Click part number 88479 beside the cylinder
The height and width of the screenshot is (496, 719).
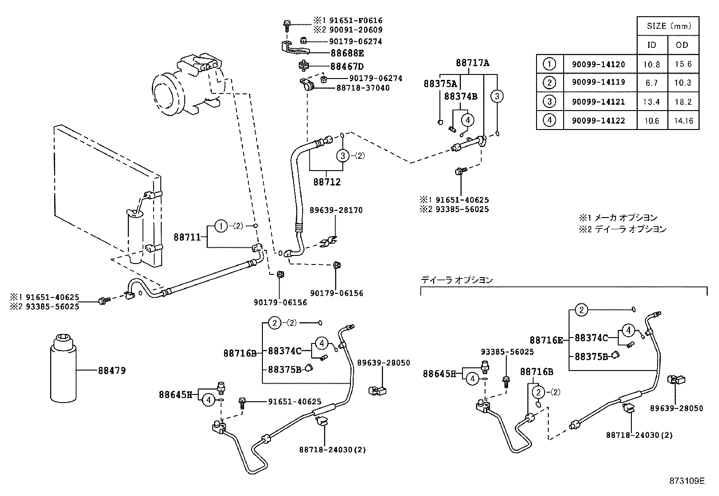pos(112,371)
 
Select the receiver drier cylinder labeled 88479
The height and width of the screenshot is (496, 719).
pos(63,368)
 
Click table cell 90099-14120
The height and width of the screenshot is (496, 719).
pos(600,64)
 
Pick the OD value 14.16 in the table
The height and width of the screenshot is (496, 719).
pos(683,121)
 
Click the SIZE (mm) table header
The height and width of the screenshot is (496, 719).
pos(668,26)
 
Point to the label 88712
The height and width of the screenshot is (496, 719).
pos(327,182)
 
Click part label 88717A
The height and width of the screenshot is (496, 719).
pos(472,63)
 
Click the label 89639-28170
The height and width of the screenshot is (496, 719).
pos(336,210)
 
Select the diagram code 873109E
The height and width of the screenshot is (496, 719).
pos(686,481)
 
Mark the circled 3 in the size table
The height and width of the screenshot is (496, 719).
pos(550,102)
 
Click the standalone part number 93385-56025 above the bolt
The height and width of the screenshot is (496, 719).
pos(507,352)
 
